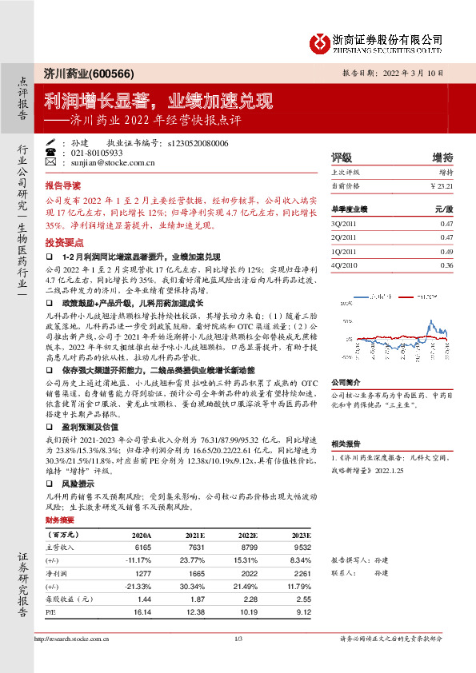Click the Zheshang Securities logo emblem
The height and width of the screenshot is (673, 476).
(322, 42)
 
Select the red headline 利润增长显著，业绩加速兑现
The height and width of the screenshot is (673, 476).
(158, 102)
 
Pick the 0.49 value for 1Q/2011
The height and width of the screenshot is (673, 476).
(446, 251)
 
